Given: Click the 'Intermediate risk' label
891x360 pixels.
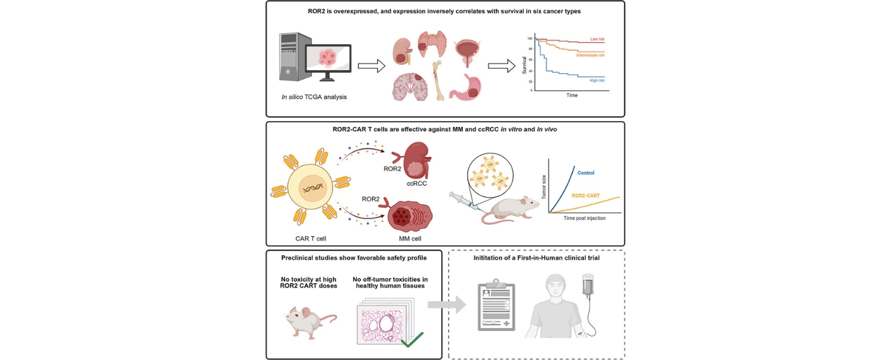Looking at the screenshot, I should pyautogui.click(x=590, y=55).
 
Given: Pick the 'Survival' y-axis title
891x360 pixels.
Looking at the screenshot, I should pyautogui.click(x=524, y=64).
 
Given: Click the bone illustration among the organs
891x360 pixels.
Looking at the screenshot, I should pyautogui.click(x=438, y=78).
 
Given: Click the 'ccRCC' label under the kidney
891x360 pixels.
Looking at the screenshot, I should pyautogui.click(x=416, y=185).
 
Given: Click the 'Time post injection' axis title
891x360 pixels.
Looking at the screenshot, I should pyautogui.click(x=585, y=218).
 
